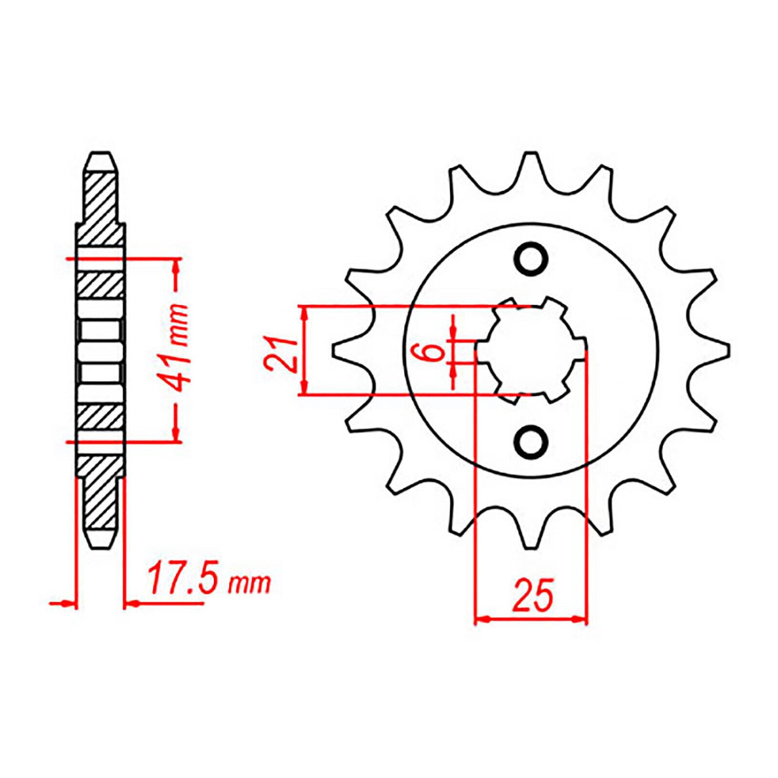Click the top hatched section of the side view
click(101, 199)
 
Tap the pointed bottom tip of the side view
click(101, 546)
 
